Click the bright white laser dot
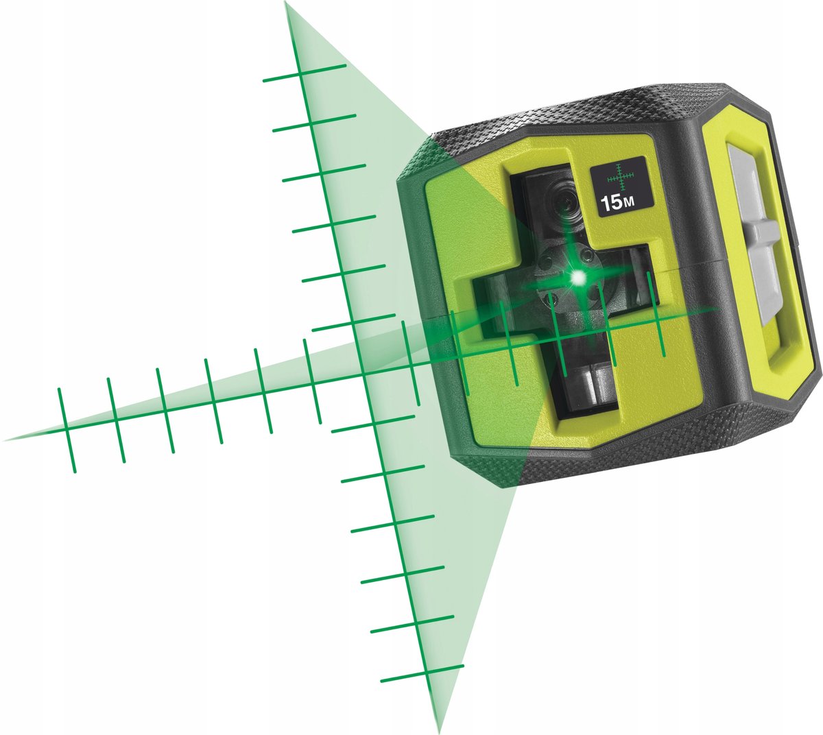pos(578,277)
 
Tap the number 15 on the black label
pos(610,203)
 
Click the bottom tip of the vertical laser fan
pos(437,731)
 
